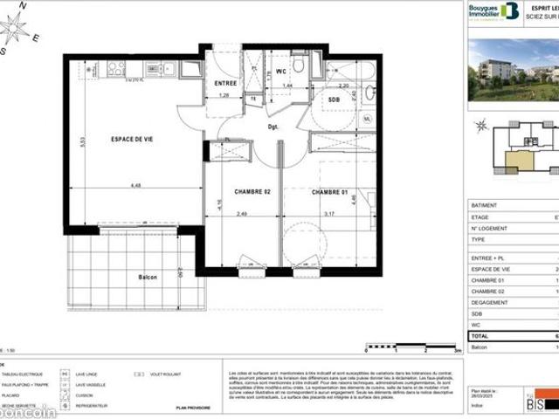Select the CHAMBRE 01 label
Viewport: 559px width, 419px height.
tap(330, 192)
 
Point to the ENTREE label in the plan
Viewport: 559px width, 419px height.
tap(225, 83)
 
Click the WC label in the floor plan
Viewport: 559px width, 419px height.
tap(281, 71)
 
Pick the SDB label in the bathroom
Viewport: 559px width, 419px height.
tap(334, 100)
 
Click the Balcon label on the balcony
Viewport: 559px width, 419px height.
tap(148, 277)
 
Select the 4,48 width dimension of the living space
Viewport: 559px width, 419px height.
tap(135, 185)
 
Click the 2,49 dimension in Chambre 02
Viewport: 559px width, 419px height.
tap(242, 214)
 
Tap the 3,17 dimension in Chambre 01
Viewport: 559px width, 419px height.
tap(328, 214)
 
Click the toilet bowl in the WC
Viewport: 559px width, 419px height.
tap(298, 65)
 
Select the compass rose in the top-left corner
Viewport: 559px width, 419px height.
tap(15, 27)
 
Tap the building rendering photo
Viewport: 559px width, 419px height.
tap(514, 70)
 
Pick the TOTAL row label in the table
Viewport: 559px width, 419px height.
tap(480, 335)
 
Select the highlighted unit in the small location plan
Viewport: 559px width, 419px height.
tap(521, 160)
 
